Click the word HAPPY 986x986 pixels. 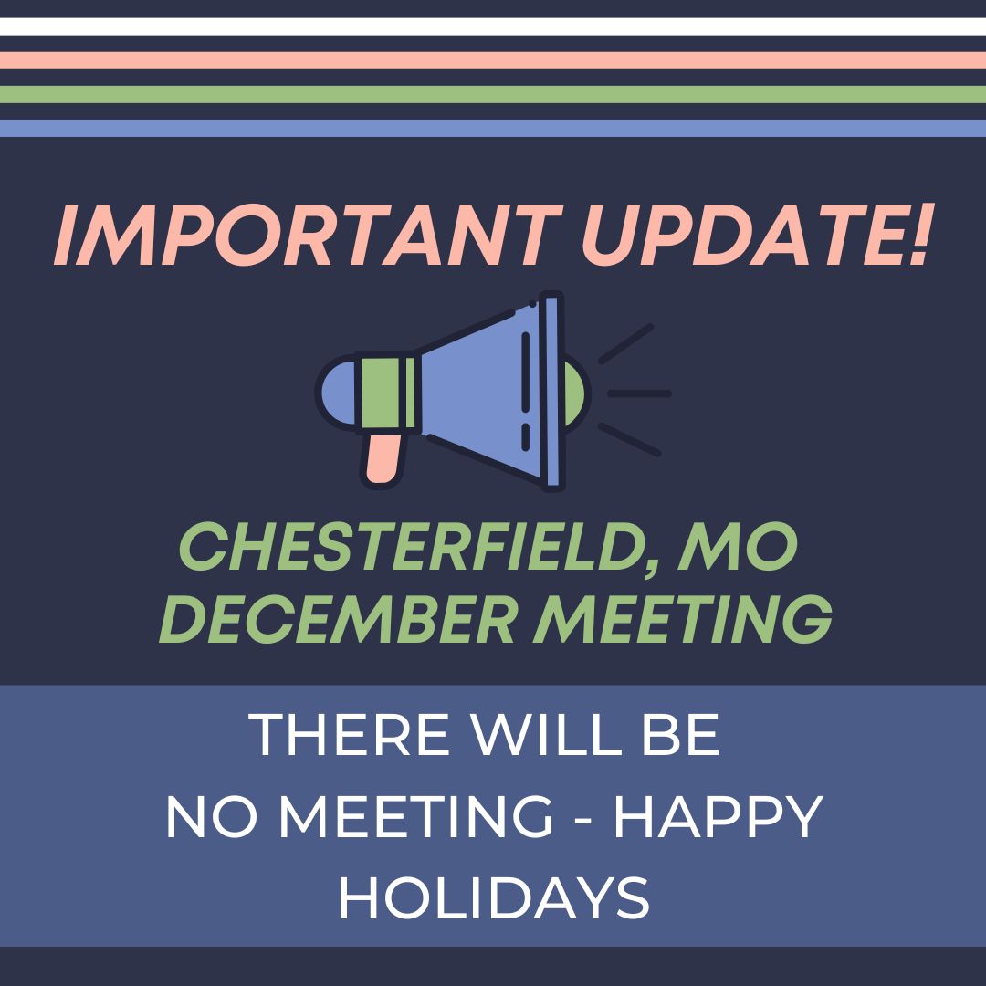pos(718,817)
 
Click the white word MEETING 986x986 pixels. pos(415,817)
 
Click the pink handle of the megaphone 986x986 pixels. pos(383,456)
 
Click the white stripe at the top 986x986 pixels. pos(493,26)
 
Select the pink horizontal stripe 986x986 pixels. pos(493,60)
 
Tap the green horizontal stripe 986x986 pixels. pos(493,94)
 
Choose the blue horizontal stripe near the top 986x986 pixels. pos(493,128)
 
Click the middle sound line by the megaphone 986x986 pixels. pos(639,393)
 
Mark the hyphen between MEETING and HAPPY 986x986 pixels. pos(582,820)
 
